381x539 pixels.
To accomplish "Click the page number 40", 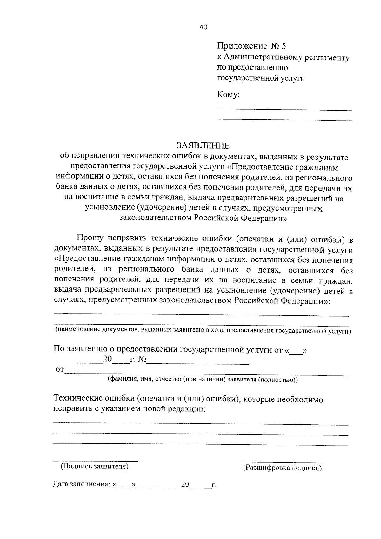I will (x=203, y=27).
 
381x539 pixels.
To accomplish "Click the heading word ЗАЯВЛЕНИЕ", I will (x=203, y=146).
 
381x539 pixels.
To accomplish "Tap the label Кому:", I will (x=228, y=95).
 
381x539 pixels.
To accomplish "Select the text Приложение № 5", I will (x=251, y=46).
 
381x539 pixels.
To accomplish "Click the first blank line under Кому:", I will (x=284, y=110).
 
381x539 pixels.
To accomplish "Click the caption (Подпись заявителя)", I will (x=95, y=466).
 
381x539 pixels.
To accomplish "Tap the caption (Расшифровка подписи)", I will (x=282, y=468).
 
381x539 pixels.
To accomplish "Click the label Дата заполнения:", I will (x=82, y=484).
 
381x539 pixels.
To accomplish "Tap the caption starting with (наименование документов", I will (x=203, y=331).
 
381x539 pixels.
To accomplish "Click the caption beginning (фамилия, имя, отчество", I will (x=203, y=380).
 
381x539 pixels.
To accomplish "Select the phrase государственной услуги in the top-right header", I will (x=261, y=78).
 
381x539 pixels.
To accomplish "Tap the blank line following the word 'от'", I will (x=206, y=375).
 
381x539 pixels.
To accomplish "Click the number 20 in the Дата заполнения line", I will (x=185, y=485).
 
